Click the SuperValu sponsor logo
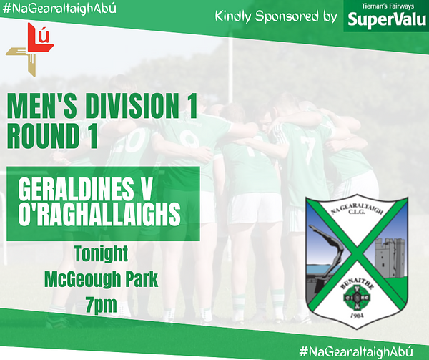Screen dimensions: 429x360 pyautogui.click(x=386, y=16)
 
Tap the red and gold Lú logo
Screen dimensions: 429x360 pyautogui.click(x=30, y=49)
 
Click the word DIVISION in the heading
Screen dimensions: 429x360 pyautogui.click(x=132, y=106)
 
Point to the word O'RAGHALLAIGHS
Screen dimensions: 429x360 pyautogui.click(x=99, y=214)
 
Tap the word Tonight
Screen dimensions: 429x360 pyautogui.click(x=102, y=253)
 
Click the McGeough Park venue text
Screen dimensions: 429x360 pyautogui.click(x=102, y=279)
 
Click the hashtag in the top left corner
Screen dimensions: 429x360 pyautogui.click(x=59, y=8)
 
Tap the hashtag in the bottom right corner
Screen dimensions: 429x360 pyautogui.click(x=356, y=351)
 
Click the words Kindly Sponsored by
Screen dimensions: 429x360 pyautogui.click(x=276, y=16)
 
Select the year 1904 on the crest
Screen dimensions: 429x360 pyautogui.click(x=357, y=316)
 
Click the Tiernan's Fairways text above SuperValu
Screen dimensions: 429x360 pyautogui.click(x=388, y=6)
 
